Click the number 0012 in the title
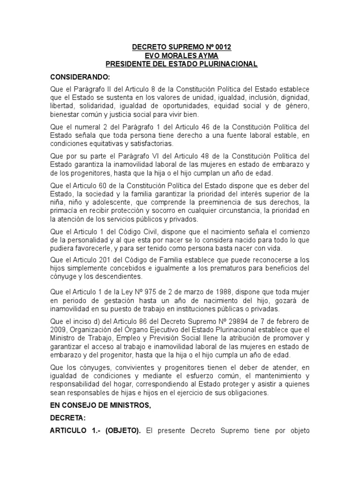[222, 47]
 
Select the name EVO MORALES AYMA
[181, 56]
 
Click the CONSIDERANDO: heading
[80, 77]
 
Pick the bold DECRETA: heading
[67, 418]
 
